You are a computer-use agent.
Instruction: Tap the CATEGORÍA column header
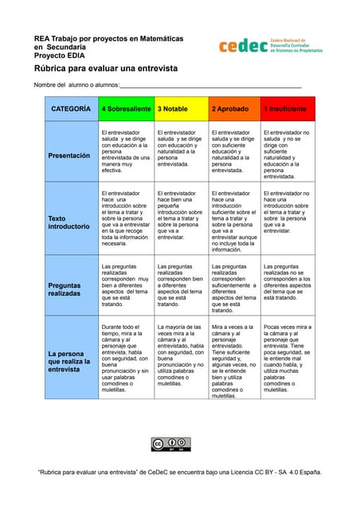pos(71,108)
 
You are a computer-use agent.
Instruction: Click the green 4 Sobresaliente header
pos(126,108)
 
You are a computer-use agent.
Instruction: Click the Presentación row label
pos(69,155)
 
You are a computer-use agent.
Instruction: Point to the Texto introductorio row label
pos(69,222)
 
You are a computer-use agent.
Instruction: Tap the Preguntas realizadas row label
pos(69,288)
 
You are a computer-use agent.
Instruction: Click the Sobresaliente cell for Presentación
pos(125,151)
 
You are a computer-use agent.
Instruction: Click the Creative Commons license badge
pos(170,444)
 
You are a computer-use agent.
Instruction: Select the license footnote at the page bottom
pos(180,472)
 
